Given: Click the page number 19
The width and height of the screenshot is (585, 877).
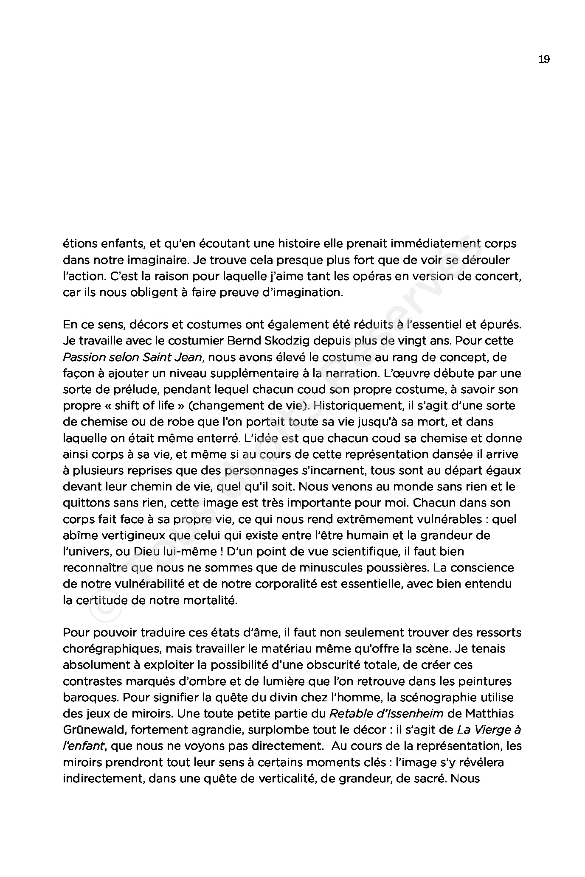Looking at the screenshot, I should click(x=544, y=59).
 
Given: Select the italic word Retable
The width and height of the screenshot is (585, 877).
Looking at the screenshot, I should click(x=347, y=714).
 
